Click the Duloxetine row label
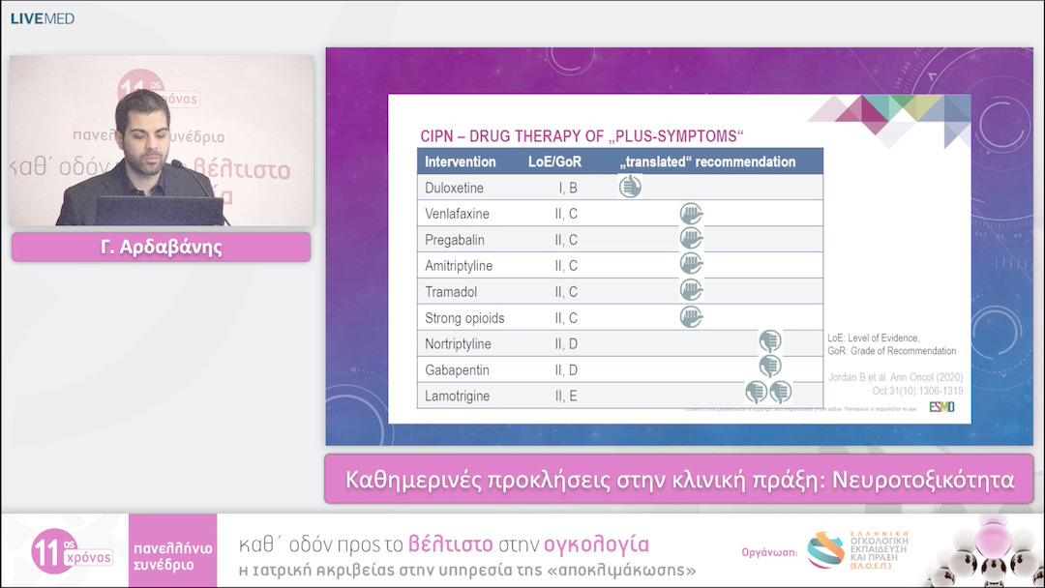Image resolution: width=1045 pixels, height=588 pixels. point(455,188)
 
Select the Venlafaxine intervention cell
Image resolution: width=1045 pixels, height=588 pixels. point(458,214)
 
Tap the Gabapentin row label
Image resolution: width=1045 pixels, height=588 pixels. point(457,370)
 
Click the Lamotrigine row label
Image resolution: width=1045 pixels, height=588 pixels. point(458,397)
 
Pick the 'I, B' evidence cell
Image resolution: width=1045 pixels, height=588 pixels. point(565,188)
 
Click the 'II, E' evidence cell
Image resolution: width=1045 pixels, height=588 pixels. point(565,397)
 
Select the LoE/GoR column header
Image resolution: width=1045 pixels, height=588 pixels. point(555,162)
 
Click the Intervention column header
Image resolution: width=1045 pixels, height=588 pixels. point(461,162)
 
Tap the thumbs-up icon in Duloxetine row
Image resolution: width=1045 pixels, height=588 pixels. point(630,187)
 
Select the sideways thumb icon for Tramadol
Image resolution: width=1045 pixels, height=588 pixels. point(691,290)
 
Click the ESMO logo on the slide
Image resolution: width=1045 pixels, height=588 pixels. point(941,407)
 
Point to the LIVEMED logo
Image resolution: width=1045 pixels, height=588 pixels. point(43,18)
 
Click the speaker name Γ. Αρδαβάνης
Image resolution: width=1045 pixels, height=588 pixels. point(161,248)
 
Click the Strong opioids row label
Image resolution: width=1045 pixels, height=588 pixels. point(464,318)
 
